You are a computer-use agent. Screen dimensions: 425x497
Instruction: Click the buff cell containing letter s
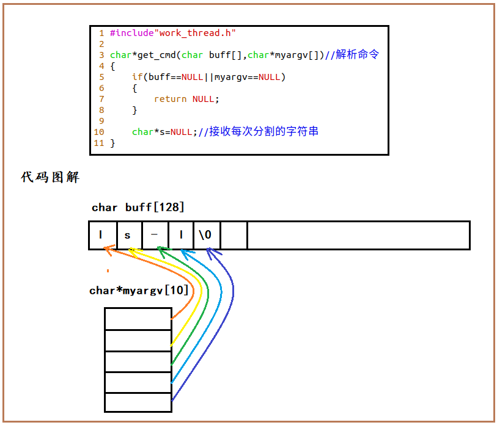click(128, 236)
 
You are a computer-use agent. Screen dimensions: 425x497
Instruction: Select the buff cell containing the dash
click(155, 236)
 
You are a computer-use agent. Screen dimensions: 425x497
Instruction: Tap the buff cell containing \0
click(207, 236)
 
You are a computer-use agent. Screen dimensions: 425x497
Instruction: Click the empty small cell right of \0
click(234, 236)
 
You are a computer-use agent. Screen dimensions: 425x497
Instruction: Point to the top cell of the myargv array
click(138, 319)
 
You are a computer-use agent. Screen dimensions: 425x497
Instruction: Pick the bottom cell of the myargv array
click(138, 402)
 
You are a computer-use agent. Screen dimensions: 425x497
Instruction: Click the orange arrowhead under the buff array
click(108, 249)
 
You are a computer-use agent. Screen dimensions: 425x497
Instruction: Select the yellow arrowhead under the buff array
click(131, 249)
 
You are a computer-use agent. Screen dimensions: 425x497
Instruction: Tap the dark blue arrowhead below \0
click(209, 249)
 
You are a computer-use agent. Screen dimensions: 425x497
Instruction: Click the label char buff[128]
click(138, 208)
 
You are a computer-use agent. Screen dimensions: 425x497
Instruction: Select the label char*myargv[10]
click(139, 291)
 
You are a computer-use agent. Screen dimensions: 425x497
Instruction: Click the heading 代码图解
click(50, 178)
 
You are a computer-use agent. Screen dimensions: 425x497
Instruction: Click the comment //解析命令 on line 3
click(352, 55)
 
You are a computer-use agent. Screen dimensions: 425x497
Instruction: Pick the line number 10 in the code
click(99, 132)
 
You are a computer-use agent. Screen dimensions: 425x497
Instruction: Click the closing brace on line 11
click(112, 143)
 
